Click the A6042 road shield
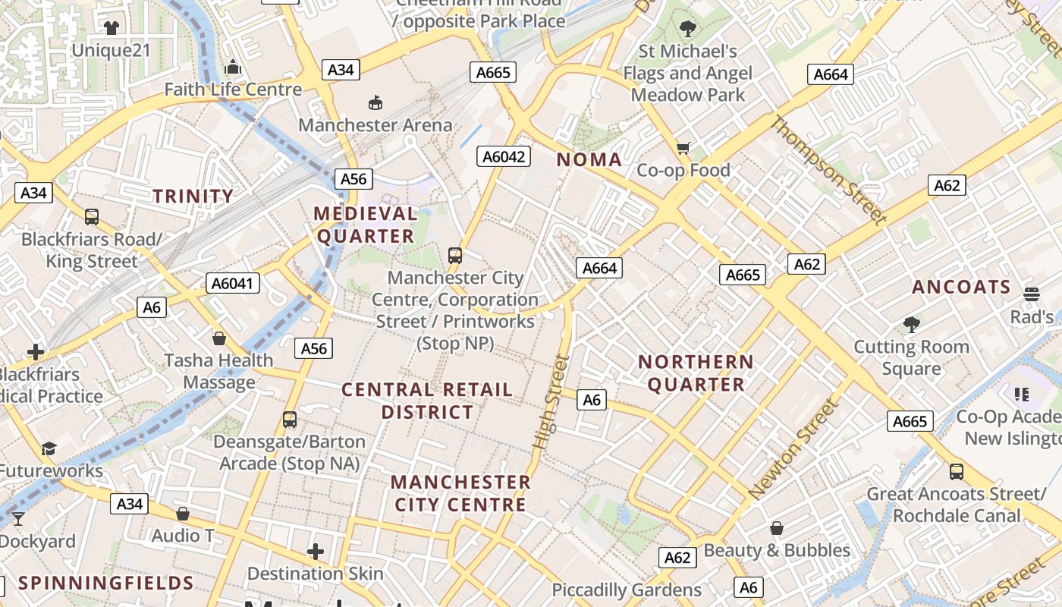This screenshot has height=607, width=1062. pos(504,157)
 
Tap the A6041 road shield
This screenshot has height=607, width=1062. pos(233,284)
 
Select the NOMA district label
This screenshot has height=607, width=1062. pos(589,160)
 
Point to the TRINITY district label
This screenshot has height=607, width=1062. pos(193,197)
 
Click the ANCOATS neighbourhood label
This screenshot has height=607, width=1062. pos(961,288)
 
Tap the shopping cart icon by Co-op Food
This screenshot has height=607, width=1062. pos(683,148)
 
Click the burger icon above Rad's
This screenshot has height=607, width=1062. pos(1030,294)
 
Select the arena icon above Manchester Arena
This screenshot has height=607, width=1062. pos(375,102)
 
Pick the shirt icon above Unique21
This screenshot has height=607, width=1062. pos(112,28)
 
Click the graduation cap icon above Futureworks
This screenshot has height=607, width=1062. pos(49,448)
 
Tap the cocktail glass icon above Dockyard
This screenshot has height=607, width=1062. pos(18,519)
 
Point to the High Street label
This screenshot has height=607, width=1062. pos(551,401)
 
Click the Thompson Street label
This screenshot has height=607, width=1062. pos(828,170)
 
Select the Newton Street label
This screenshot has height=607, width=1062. pos(794,449)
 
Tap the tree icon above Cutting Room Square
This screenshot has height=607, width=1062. pos(911,325)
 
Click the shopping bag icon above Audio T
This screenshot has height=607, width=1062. pos(182,514)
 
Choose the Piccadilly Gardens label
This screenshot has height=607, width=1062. pos(627,590)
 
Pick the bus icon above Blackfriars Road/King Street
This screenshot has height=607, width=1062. pos(92,217)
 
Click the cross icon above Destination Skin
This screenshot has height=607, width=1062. pos(316,551)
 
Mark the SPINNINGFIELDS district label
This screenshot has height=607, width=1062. pos(106,583)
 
